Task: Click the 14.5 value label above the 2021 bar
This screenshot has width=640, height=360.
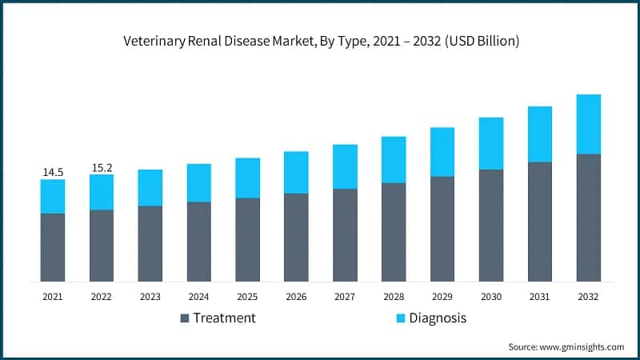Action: coord(53,172)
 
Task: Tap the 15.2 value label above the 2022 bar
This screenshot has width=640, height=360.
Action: coord(102,167)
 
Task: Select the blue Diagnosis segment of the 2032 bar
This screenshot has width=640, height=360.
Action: coord(588,124)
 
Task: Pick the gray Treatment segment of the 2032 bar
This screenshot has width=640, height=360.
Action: coord(588,218)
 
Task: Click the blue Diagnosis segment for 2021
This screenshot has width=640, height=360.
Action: coord(53,196)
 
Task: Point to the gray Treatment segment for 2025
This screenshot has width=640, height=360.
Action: coord(247,239)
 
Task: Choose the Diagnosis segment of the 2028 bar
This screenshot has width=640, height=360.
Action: coord(394,159)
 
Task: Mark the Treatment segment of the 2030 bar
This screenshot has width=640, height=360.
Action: coord(491,225)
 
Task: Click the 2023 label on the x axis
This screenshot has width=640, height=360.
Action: coord(150,297)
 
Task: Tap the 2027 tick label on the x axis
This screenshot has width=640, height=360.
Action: coord(345,297)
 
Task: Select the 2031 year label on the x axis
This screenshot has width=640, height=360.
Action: coord(539,297)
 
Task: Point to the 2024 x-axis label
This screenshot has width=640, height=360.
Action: coord(198,297)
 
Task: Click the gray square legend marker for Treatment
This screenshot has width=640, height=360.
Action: coord(186,318)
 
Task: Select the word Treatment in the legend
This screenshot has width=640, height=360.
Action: coord(225,318)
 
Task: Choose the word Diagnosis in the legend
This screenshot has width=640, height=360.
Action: coord(438,318)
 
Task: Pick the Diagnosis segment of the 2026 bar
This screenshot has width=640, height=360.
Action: coord(296,172)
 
